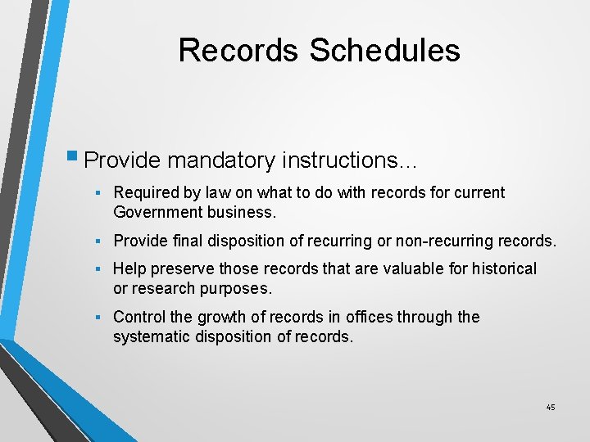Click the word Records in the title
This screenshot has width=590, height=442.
point(238,50)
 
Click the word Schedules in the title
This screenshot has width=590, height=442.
point(384,50)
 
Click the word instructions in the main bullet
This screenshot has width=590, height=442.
point(344,160)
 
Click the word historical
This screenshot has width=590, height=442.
point(497,268)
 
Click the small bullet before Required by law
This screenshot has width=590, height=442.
point(97,193)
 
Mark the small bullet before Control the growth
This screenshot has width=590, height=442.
point(97,317)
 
